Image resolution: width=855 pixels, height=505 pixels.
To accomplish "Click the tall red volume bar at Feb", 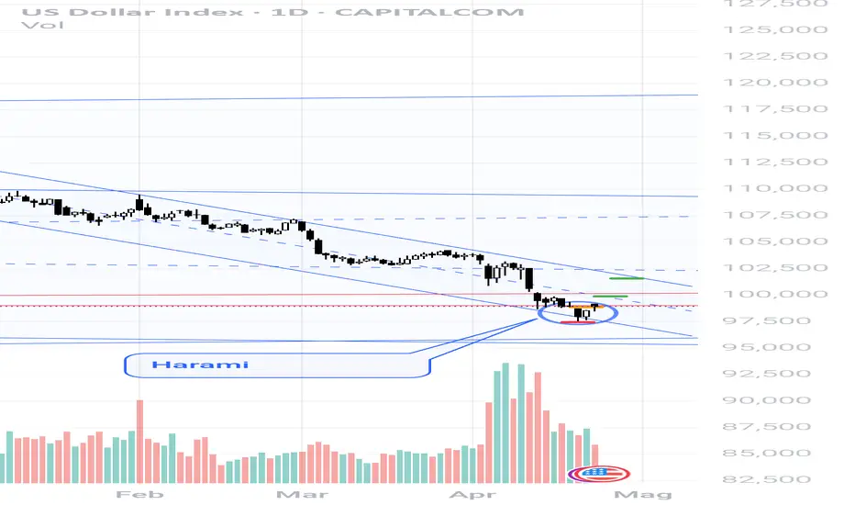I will point(139,440).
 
